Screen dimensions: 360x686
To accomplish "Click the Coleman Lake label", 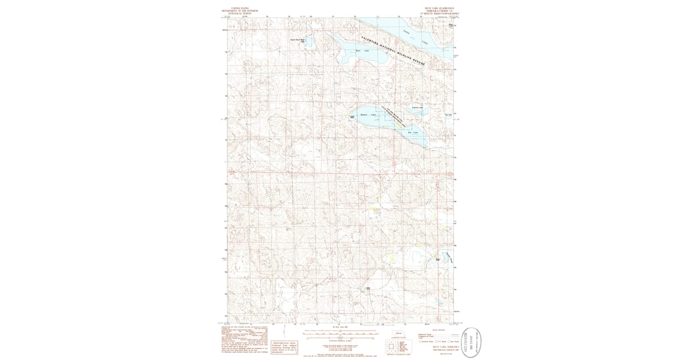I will pyautogui.click(x=417, y=107).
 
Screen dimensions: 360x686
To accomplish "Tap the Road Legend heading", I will pyautogui.click(x=439, y=330).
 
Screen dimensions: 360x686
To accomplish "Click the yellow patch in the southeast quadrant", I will pyautogui.click(x=390, y=258).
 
